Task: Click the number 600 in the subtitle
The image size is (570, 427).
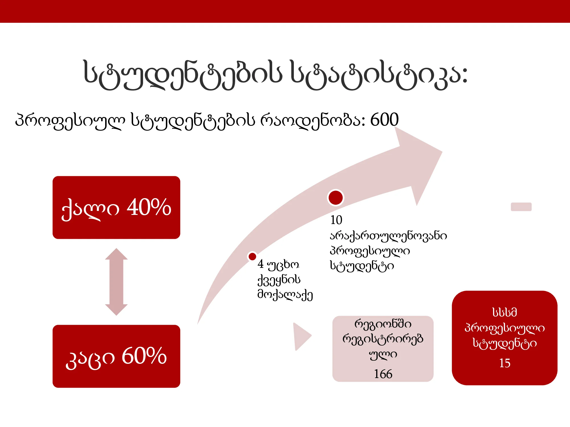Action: tap(384, 120)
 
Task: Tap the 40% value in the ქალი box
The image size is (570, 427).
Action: tap(149, 207)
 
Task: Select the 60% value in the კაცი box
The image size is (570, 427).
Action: tap(144, 356)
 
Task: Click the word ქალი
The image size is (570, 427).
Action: tap(90, 209)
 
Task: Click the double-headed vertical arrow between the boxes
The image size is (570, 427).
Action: tap(116, 282)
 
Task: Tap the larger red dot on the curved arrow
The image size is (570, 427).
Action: tap(335, 198)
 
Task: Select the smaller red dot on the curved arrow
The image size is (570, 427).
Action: tap(252, 256)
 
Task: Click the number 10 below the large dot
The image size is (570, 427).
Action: tap(336, 220)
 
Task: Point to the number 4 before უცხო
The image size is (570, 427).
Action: tap(260, 264)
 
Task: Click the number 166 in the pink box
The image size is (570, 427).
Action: tap(383, 374)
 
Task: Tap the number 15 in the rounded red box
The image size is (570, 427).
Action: tap(505, 363)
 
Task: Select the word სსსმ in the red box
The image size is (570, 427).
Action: tap(505, 312)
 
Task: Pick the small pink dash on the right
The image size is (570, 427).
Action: tap(521, 207)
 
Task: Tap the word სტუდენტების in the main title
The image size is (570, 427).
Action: tap(183, 75)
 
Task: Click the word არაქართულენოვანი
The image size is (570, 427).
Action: tap(388, 236)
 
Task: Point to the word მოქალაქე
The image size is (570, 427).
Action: tap(285, 295)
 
